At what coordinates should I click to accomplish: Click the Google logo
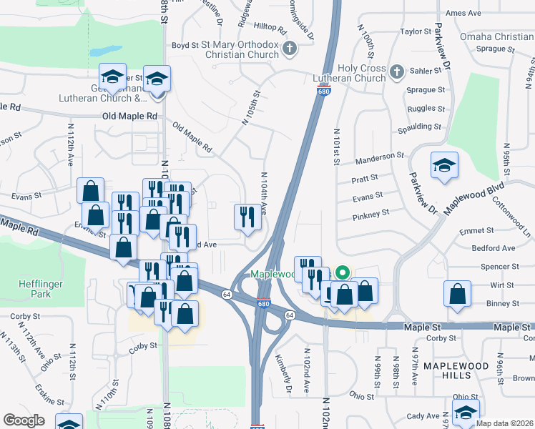(x=24, y=420)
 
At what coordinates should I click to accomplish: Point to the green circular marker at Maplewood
(x=343, y=272)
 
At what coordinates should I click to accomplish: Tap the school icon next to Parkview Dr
(x=444, y=165)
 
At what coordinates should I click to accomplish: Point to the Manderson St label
(x=380, y=156)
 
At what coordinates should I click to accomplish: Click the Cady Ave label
(x=423, y=415)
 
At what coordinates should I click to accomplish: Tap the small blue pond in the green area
(x=105, y=51)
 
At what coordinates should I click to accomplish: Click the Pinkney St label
(x=370, y=213)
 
